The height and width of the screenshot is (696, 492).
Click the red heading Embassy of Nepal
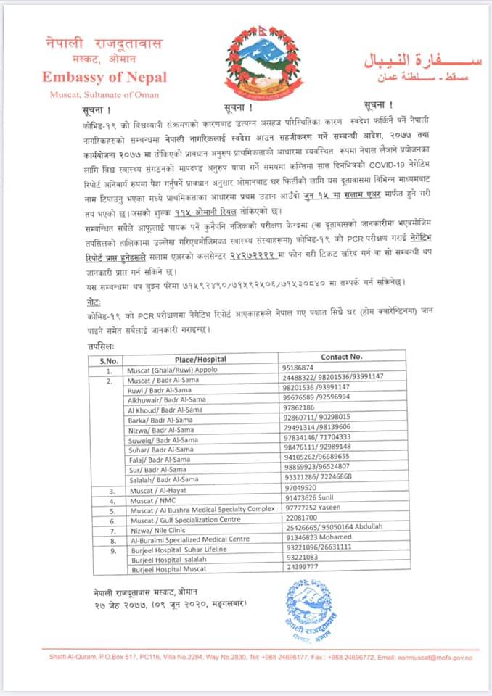point(104,78)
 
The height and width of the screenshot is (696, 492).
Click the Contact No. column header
point(341,357)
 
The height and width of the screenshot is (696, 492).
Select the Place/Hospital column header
point(200,358)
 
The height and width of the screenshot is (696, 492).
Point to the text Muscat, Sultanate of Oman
point(104,94)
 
